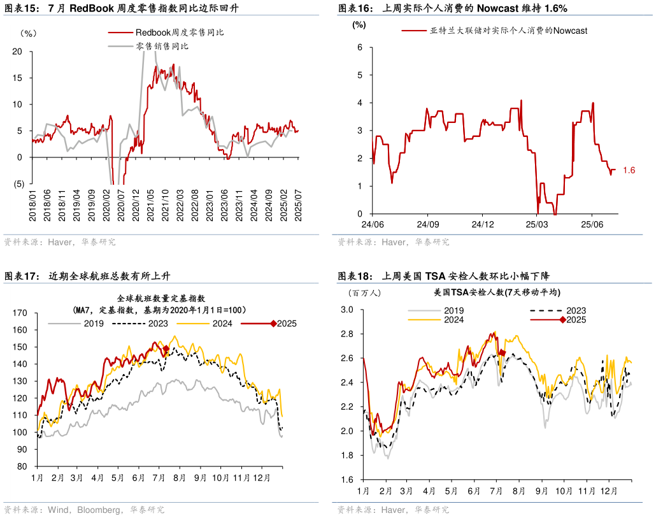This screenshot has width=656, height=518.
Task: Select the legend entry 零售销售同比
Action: click(162, 46)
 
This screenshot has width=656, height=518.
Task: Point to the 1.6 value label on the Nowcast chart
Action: click(629, 170)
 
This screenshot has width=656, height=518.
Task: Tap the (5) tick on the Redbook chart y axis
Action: click(18, 184)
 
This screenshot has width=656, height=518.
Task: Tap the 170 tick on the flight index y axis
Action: click(20, 313)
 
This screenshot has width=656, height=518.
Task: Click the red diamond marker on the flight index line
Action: click(166, 349)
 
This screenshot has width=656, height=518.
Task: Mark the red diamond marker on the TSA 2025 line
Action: click(502, 352)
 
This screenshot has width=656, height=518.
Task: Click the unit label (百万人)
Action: click(364, 292)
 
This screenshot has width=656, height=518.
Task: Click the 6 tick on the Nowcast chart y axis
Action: click(360, 47)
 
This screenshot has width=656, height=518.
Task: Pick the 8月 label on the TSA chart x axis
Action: click(518, 492)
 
